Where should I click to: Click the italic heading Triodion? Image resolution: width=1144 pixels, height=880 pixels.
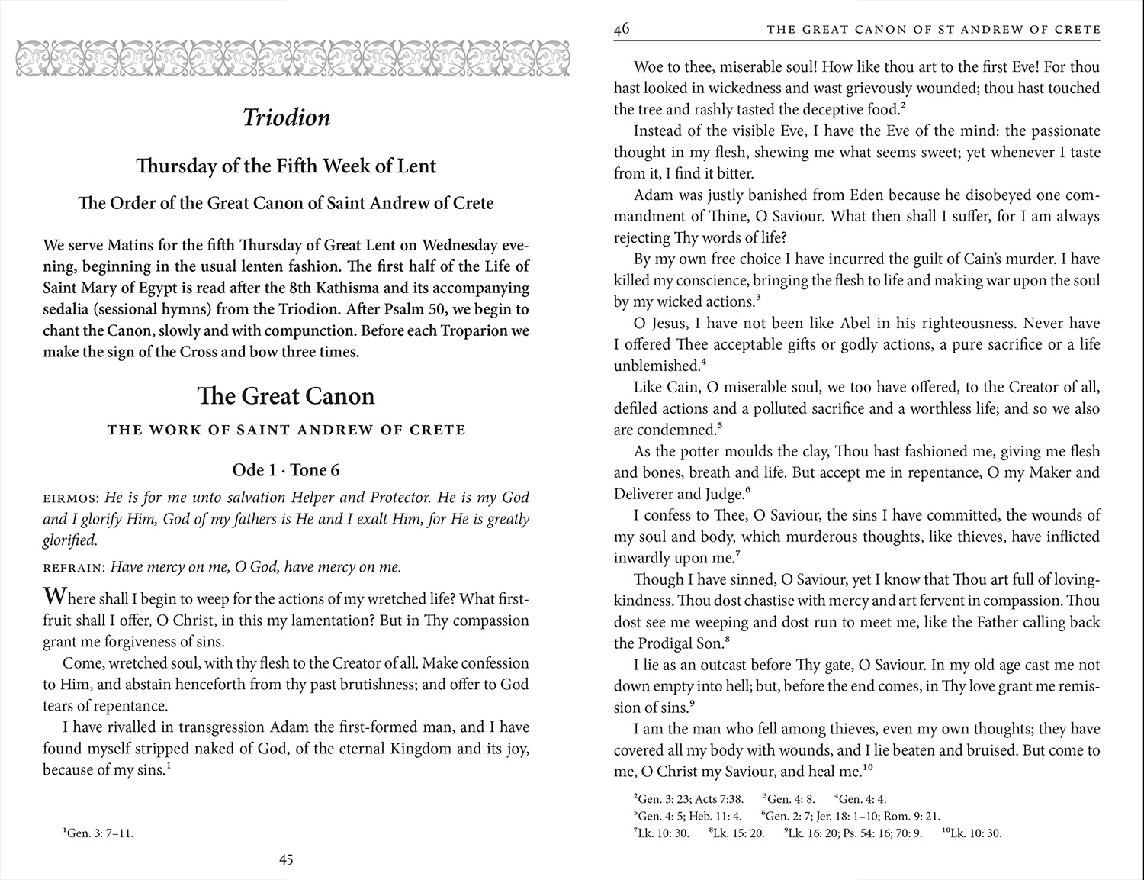click(x=286, y=118)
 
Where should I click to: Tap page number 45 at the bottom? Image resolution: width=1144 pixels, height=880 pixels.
click(x=286, y=860)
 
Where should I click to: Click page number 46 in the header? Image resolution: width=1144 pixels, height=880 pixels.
click(x=622, y=29)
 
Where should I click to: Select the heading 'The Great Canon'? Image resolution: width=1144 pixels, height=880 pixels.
click(x=286, y=396)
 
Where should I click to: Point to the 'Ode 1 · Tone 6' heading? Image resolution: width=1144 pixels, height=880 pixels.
click(x=286, y=470)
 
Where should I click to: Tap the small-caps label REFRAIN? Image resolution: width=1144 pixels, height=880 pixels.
click(x=75, y=568)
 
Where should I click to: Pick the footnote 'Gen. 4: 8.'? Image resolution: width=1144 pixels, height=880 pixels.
click(x=790, y=799)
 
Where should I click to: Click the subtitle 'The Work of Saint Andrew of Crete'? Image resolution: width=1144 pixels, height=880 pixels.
click(x=286, y=430)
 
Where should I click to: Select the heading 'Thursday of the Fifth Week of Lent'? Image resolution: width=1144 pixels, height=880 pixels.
click(x=286, y=166)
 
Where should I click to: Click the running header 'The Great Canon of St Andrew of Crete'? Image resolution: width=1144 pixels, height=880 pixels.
click(x=934, y=30)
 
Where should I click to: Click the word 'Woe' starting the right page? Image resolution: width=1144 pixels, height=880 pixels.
click(x=648, y=66)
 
